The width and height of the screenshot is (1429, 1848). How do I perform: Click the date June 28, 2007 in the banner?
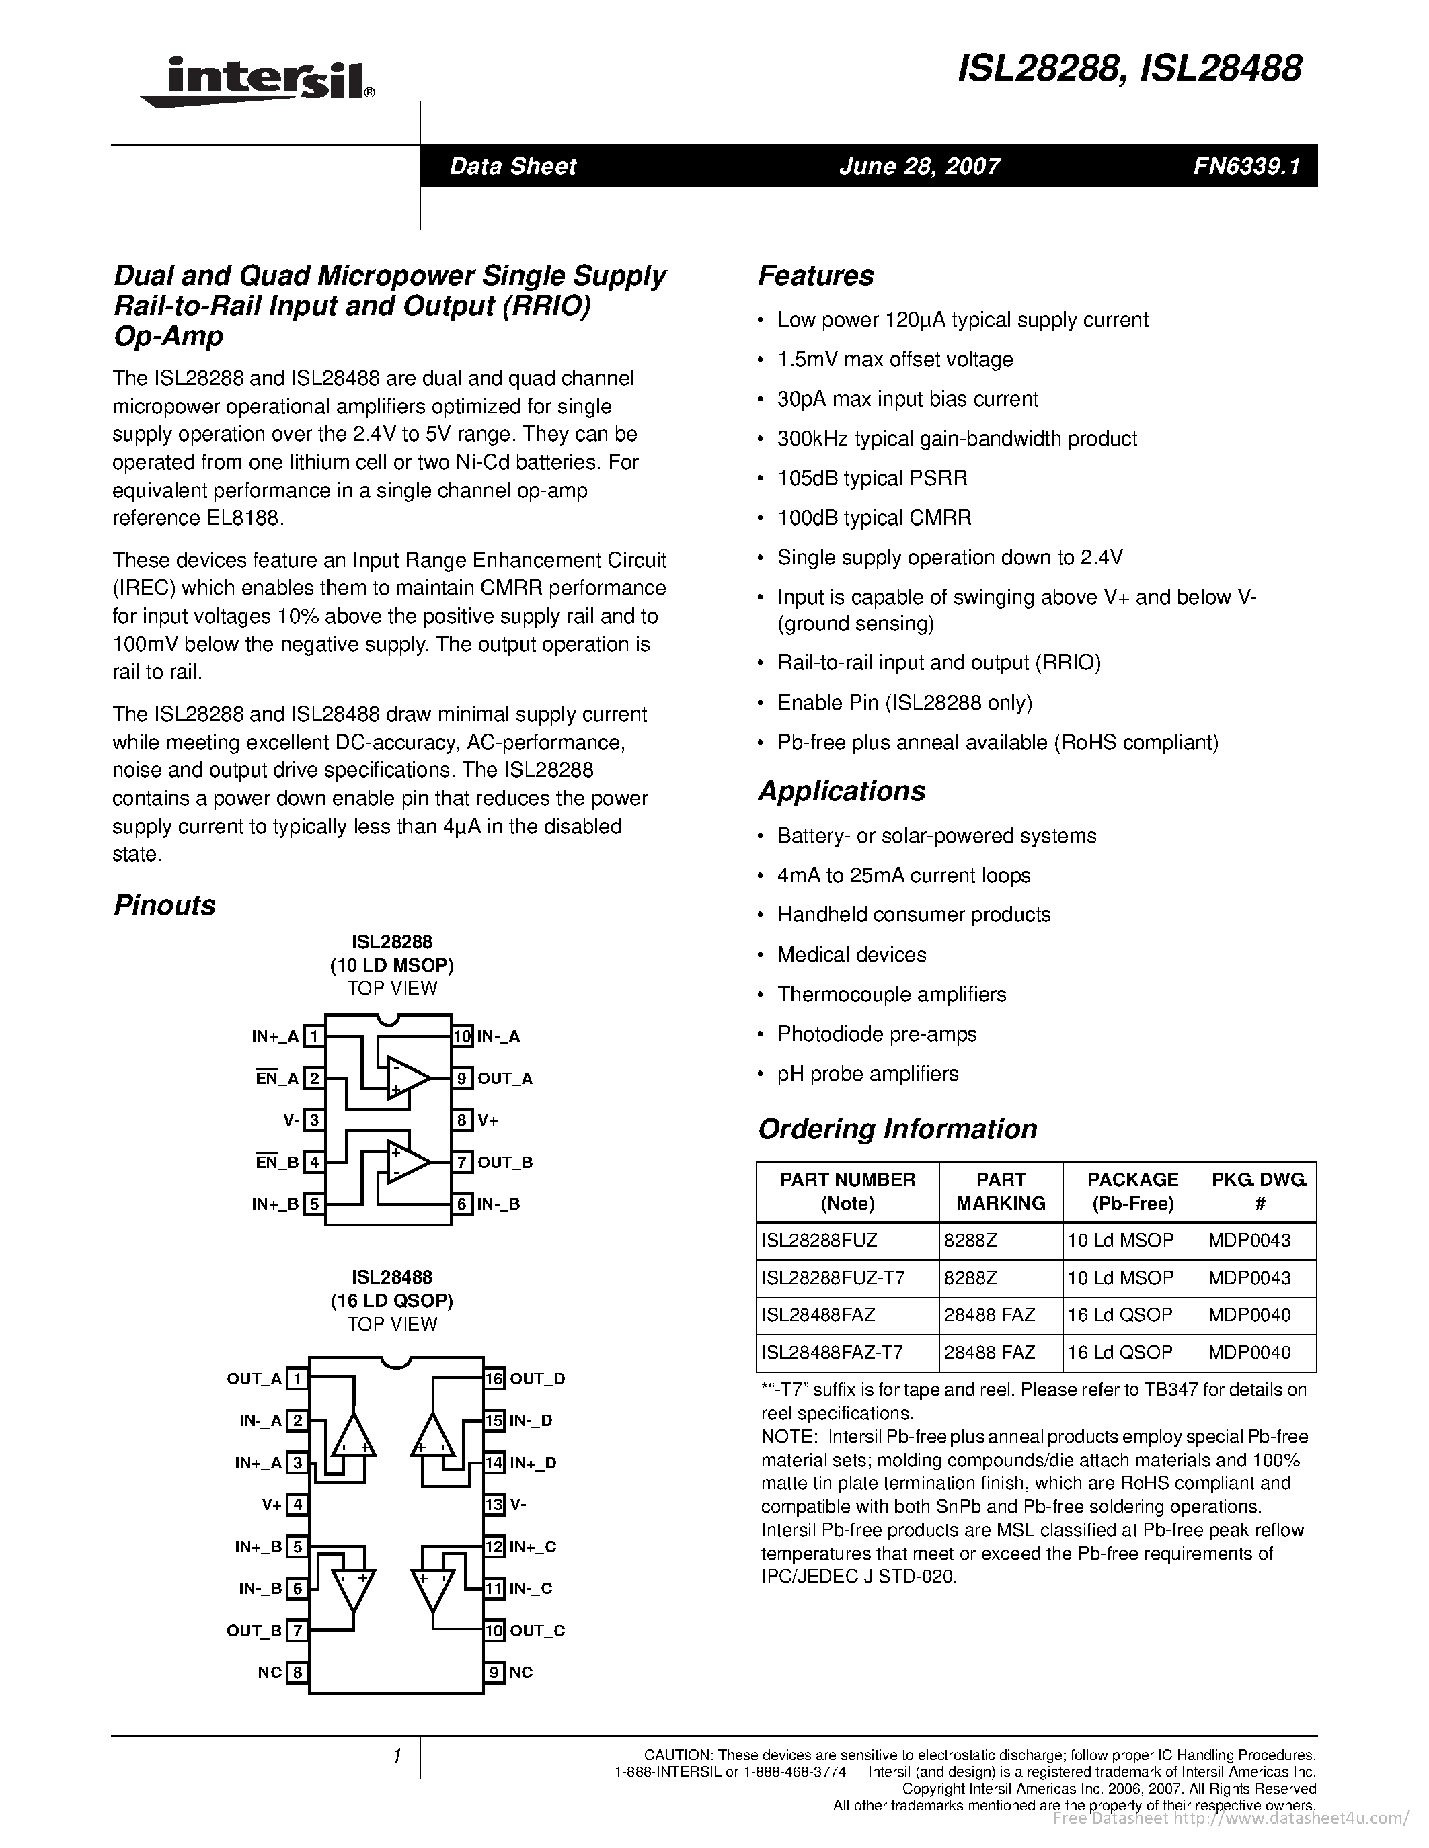click(919, 166)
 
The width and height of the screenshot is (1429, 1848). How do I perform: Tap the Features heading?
click(815, 276)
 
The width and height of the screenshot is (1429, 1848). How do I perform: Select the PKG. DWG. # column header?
click(1259, 1191)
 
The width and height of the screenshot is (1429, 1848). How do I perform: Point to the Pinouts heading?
click(164, 905)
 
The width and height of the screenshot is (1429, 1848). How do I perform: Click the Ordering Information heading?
click(896, 1129)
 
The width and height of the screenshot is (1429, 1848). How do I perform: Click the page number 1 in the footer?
click(396, 1757)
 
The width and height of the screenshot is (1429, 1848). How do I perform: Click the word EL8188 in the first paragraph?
click(242, 518)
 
